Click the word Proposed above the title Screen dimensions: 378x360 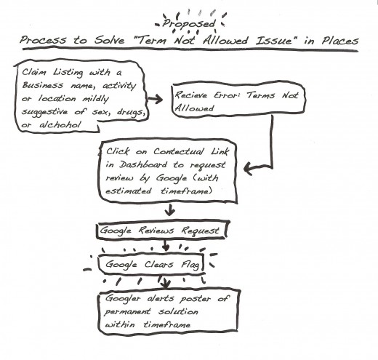click(189, 24)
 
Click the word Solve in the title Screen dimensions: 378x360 click(109, 40)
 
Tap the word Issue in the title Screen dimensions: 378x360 click(274, 41)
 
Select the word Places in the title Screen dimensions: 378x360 click(340, 41)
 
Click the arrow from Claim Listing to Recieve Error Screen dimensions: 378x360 click(155, 99)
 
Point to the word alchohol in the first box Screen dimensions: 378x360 click(60, 125)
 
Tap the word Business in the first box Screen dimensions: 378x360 click(43, 85)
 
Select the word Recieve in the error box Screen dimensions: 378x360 click(191, 95)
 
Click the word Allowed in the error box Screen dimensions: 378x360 click(194, 108)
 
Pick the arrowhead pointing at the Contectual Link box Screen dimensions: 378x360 click(249, 168)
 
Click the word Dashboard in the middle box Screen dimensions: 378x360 click(143, 165)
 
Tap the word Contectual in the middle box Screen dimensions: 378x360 click(179, 152)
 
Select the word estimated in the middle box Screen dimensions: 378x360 click(129, 191)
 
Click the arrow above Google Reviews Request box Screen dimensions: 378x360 click(169, 209)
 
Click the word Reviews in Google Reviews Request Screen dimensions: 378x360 click(156, 231)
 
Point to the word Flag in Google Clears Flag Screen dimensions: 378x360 click(190, 264)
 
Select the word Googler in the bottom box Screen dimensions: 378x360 click(123, 299)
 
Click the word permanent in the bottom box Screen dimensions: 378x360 click(127, 312)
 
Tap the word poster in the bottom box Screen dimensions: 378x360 click(196, 299)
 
